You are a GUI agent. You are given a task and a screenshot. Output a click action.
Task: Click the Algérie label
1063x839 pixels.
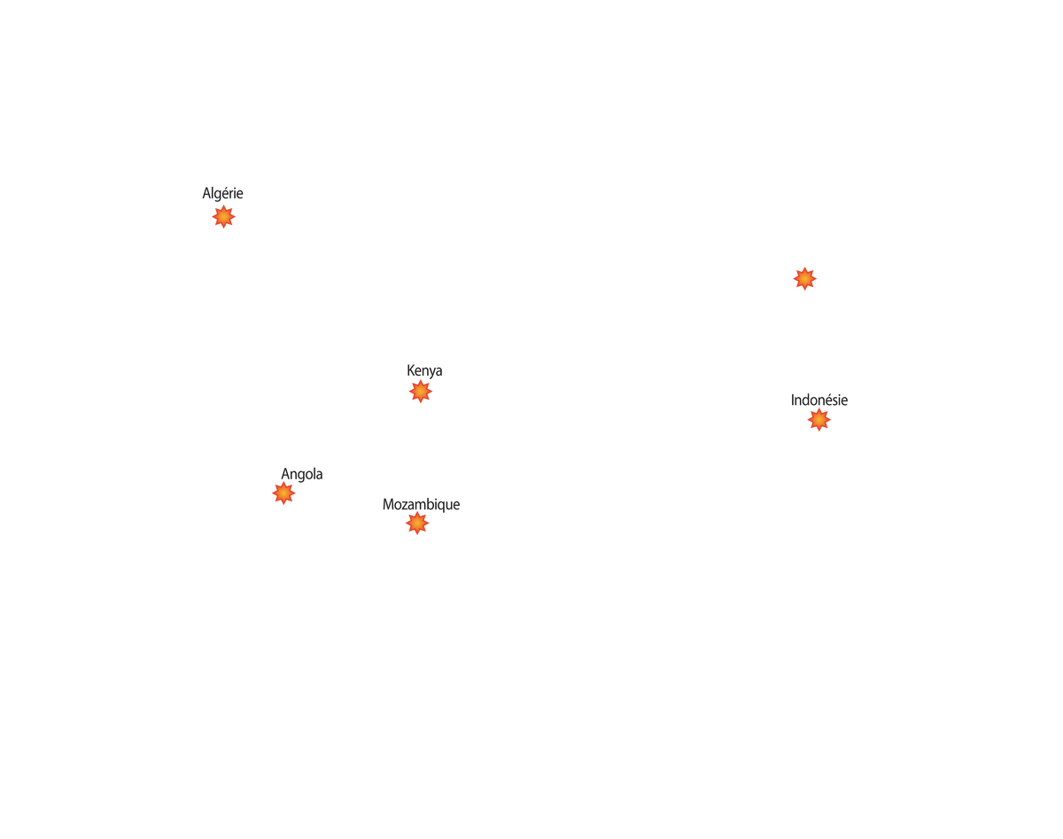222,193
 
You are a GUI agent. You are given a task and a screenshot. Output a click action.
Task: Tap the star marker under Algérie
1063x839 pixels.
224,216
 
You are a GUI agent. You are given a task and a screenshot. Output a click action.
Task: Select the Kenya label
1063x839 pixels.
424,370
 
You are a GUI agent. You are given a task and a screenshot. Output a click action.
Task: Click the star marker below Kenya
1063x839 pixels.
421,392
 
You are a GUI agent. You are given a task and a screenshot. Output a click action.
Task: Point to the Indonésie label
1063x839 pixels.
819,400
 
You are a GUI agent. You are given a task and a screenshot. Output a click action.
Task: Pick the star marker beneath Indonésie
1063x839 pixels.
819,420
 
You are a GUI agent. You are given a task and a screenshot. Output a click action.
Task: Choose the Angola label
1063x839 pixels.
302,474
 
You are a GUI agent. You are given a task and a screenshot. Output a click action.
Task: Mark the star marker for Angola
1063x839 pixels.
283,493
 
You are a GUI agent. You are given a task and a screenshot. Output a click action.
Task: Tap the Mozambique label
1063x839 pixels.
421,504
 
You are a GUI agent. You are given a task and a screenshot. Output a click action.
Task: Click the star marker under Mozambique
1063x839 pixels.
417,523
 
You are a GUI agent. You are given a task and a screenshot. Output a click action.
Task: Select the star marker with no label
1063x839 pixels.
804,279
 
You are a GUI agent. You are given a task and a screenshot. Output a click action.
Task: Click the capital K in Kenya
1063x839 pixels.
411,370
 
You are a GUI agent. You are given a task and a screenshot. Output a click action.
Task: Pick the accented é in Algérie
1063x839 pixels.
226,193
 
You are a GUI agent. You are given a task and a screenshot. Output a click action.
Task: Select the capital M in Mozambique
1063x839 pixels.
389,504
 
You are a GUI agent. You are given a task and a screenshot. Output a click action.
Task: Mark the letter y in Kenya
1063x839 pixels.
431,373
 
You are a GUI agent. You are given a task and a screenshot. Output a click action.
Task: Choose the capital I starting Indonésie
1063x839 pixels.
793,400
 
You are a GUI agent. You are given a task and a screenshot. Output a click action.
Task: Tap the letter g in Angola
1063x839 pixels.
299,477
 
